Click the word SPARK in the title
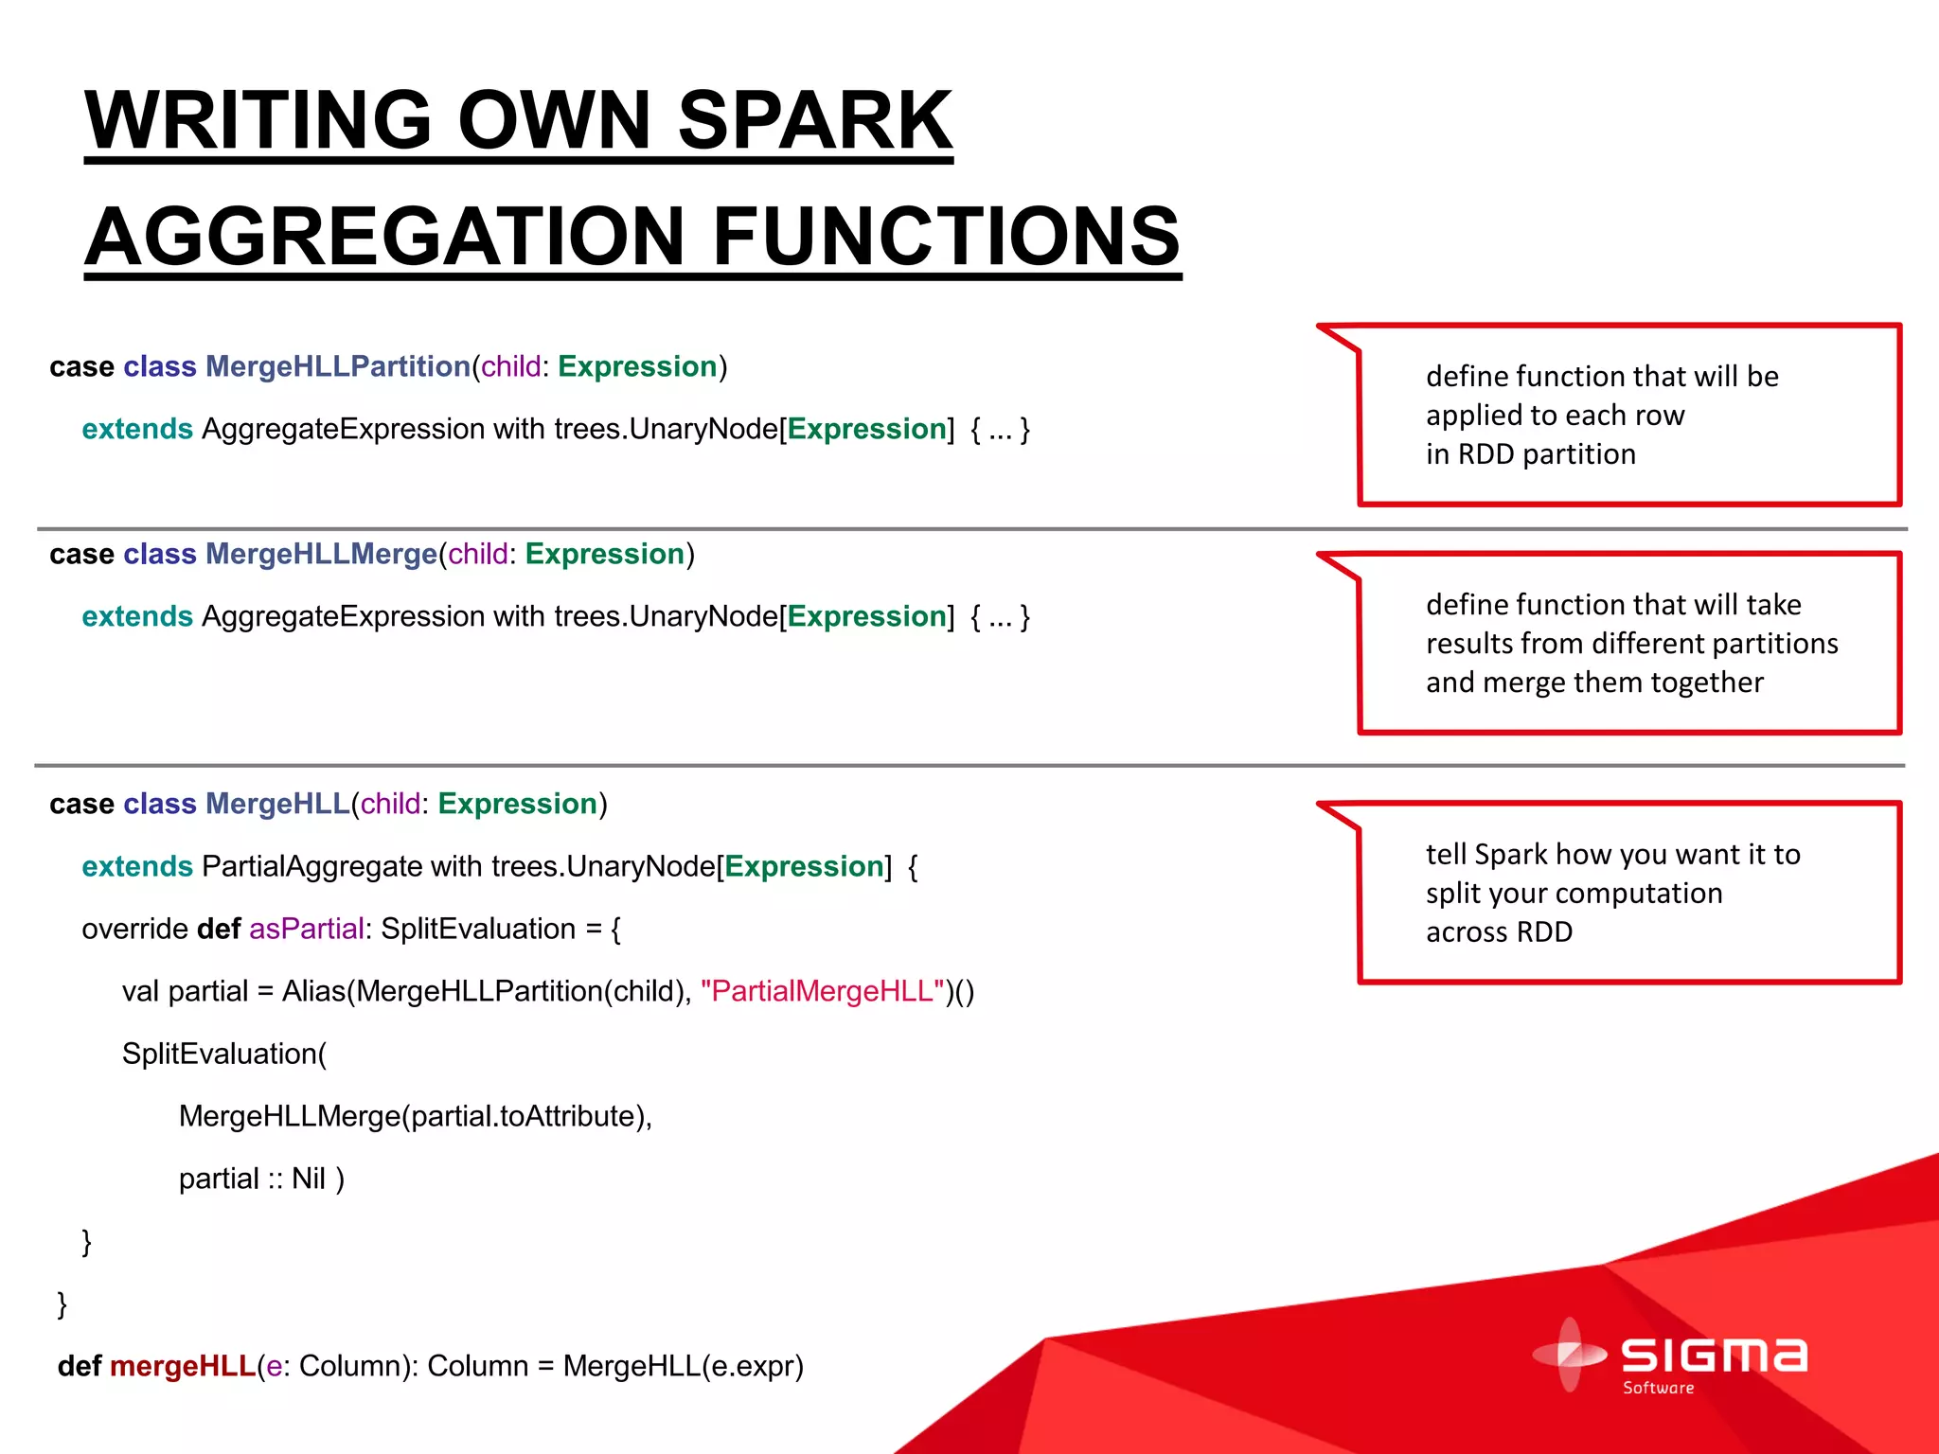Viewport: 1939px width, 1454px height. tap(814, 121)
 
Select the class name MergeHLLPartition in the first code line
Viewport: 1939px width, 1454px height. tap(338, 366)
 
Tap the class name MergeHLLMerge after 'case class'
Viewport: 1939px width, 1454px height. tap(321, 554)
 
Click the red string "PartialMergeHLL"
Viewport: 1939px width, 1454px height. tap(822, 991)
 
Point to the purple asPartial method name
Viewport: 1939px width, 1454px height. tap(306, 929)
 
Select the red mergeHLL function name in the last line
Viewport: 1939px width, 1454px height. tap(183, 1366)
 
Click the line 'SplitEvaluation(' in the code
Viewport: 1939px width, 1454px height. tap(224, 1054)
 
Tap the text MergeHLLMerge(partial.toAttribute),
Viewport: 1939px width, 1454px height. tap(416, 1116)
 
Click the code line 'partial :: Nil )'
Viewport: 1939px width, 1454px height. tap(261, 1179)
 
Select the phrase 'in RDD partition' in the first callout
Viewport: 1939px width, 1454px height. tap(1530, 454)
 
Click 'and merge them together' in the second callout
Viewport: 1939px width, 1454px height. tap(1594, 683)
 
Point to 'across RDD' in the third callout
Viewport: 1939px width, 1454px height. tap(1499, 932)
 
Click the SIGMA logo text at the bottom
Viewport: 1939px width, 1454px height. tap(1714, 1356)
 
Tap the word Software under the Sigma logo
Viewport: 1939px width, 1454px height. tap(1658, 1389)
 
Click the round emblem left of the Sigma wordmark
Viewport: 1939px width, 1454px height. tap(1569, 1355)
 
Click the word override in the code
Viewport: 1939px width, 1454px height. tap(134, 929)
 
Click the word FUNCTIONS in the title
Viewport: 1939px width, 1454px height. tap(945, 237)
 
